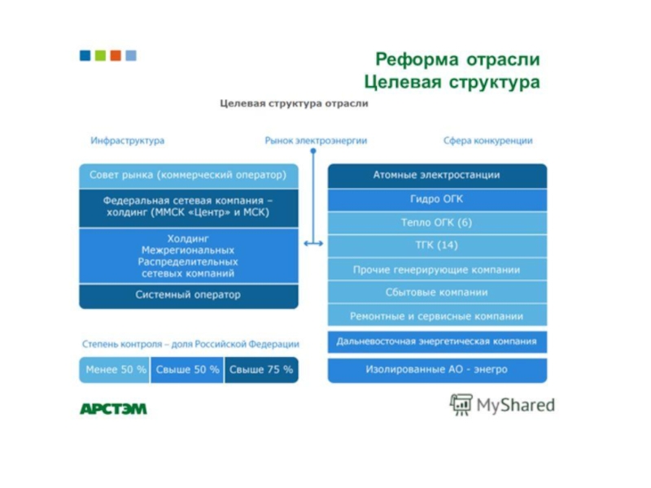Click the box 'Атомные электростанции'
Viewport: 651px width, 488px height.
click(437, 176)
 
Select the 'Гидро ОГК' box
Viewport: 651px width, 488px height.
click(437, 199)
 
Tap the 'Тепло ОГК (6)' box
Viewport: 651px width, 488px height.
click(437, 223)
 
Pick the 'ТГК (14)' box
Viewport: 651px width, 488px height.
click(437, 246)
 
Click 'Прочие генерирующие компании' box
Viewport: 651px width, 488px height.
click(437, 269)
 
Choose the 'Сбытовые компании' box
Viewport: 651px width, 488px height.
click(437, 293)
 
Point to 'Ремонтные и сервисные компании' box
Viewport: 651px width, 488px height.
click(437, 316)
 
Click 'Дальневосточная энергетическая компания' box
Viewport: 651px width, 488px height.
click(437, 342)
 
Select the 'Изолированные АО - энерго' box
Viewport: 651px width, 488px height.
click(437, 370)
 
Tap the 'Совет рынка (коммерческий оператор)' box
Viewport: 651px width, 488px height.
click(188, 176)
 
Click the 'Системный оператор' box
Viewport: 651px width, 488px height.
click(188, 295)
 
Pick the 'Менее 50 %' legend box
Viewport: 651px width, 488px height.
click(115, 370)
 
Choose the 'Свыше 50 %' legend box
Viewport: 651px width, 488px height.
click(187, 370)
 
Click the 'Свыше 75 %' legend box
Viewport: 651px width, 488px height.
click(261, 370)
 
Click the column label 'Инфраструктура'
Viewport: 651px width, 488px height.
click(128, 141)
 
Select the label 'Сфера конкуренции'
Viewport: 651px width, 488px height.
click(487, 141)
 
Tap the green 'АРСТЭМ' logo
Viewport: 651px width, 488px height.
click(113, 408)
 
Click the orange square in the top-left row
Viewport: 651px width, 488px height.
click(116, 55)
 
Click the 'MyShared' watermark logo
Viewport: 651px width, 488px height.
click(502, 405)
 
